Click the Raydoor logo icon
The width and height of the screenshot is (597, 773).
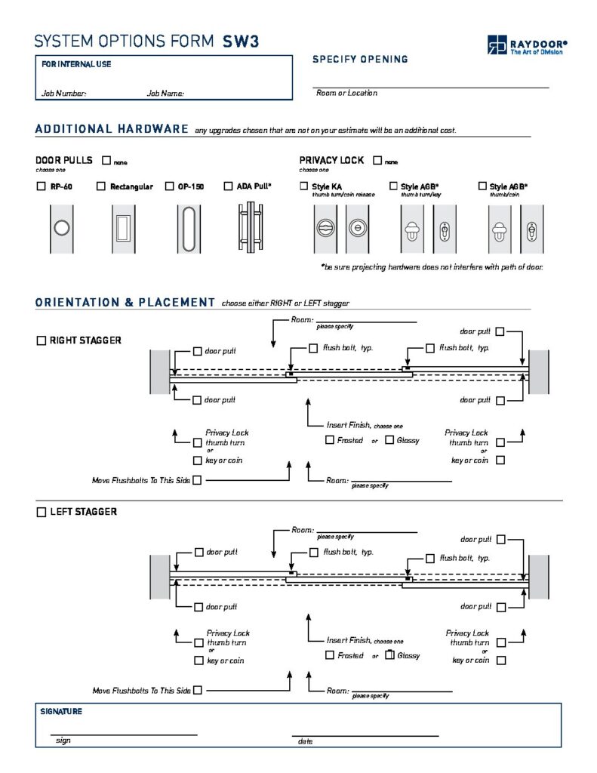point(497,45)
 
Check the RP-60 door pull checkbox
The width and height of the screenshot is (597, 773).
point(41,186)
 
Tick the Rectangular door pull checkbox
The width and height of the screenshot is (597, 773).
point(101,186)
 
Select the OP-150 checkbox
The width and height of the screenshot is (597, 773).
point(170,186)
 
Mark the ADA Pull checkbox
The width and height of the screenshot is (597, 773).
point(229,186)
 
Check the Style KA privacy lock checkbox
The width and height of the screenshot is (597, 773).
point(304,186)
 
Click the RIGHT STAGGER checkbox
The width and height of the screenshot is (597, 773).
point(41,340)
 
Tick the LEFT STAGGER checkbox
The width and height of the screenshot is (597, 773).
point(41,513)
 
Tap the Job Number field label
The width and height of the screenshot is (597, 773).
point(64,94)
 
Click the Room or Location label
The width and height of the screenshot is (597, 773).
point(346,93)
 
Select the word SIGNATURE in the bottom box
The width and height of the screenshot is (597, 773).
point(61,712)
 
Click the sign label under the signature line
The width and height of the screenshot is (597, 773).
point(63,741)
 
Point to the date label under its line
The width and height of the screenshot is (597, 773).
point(305,741)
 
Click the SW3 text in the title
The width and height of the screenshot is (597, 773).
point(241,42)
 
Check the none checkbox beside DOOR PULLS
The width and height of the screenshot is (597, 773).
point(106,161)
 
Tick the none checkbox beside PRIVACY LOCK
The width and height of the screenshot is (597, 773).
point(377,161)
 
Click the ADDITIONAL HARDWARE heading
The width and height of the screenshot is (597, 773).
point(112,129)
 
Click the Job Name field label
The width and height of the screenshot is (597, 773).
point(166,94)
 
